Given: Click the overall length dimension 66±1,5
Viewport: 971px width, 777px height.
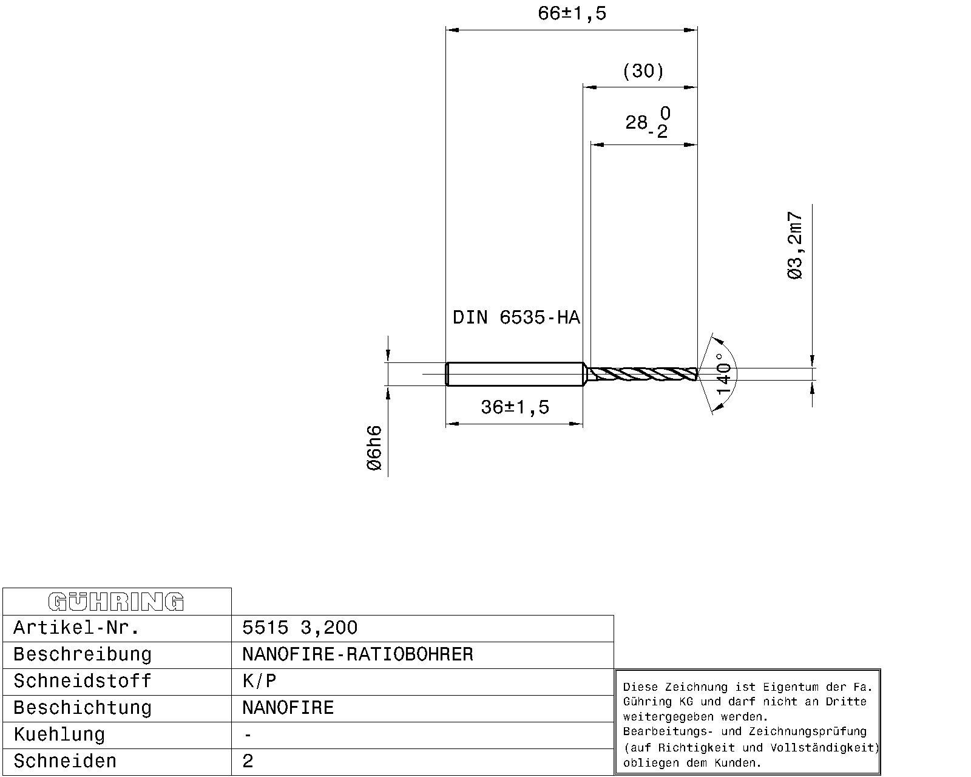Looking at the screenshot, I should pyautogui.click(x=572, y=14).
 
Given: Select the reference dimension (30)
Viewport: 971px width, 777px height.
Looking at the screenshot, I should pyautogui.click(x=643, y=72).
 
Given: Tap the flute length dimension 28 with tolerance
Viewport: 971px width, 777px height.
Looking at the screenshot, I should pyautogui.click(x=647, y=123).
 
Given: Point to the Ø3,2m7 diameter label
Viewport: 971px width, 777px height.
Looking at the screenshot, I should pyautogui.click(x=795, y=246).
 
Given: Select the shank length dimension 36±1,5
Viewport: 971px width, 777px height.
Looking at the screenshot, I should pyautogui.click(x=515, y=407).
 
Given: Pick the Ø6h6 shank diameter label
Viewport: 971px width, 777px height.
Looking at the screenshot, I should pyautogui.click(x=374, y=448).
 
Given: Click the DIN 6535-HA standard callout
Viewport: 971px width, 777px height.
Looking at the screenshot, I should pyautogui.click(x=516, y=317).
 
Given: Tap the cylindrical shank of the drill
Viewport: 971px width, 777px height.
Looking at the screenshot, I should pyautogui.click(x=515, y=373).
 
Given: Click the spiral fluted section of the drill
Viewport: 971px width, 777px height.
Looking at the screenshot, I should pyautogui.click(x=642, y=374).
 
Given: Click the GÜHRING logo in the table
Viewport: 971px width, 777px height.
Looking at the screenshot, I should pyautogui.click(x=116, y=602).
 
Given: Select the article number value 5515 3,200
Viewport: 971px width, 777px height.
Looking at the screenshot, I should pyautogui.click(x=300, y=628).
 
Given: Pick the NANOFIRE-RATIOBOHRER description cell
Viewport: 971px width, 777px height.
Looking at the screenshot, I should pyautogui.click(x=357, y=654).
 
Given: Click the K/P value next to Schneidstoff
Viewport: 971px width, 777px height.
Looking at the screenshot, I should pyautogui.click(x=259, y=681).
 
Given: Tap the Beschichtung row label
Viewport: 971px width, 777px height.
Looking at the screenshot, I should pyautogui.click(x=83, y=708).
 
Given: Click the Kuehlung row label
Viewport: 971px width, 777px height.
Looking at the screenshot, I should pyautogui.click(x=59, y=735).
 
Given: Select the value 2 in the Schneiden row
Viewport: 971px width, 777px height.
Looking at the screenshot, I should pyautogui.click(x=248, y=761).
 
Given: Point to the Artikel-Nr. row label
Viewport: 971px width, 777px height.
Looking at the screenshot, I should pyautogui.click(x=76, y=628).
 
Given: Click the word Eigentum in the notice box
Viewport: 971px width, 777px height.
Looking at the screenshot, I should pyautogui.click(x=787, y=687).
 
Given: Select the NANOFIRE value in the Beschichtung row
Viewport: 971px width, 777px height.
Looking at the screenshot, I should pyautogui.click(x=288, y=708).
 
